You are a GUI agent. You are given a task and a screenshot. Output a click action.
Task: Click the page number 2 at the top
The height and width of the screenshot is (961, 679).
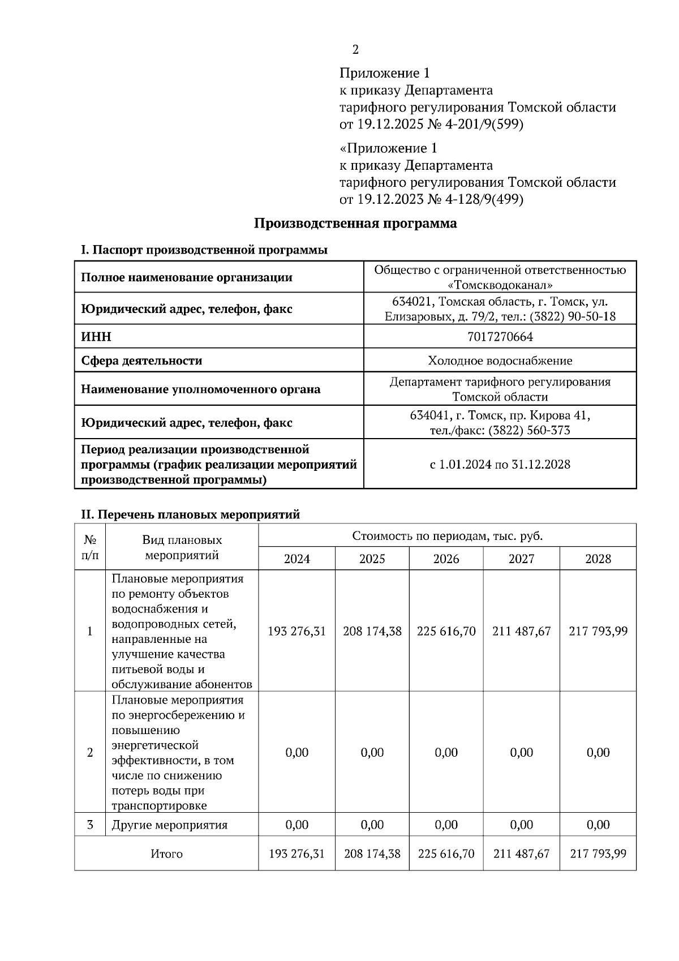pyautogui.click(x=355, y=50)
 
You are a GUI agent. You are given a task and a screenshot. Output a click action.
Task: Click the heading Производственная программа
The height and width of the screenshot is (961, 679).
pyautogui.click(x=355, y=224)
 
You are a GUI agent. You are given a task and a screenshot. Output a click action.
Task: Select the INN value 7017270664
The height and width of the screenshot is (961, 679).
pyautogui.click(x=500, y=337)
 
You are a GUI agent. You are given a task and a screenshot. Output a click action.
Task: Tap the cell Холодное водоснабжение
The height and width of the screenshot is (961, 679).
pyautogui.click(x=500, y=361)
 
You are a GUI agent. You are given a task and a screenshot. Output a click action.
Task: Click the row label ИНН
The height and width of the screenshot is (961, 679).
pyautogui.click(x=96, y=337)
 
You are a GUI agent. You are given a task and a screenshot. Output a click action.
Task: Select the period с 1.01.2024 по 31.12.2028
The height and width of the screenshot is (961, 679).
pyautogui.click(x=500, y=465)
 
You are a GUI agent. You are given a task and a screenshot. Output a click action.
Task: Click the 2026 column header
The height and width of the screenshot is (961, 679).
pyautogui.click(x=446, y=559)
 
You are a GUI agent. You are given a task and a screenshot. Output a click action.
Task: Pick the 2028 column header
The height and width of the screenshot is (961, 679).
pyautogui.click(x=598, y=559)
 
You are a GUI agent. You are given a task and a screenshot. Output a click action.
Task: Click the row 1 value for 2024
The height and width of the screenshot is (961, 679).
pyautogui.click(x=296, y=631)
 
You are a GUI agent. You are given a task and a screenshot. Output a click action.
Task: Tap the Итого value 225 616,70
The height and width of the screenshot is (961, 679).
pyautogui.click(x=446, y=853)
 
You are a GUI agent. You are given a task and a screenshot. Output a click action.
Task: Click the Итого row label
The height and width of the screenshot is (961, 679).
pyautogui.click(x=166, y=854)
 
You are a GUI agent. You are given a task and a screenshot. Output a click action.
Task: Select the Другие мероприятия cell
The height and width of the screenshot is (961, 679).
pyautogui.click(x=169, y=825)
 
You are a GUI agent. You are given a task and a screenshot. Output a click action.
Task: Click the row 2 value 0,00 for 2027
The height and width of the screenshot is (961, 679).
pyautogui.click(x=521, y=753)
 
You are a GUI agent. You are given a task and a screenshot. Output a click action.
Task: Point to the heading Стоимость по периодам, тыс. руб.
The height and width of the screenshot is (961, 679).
pyautogui.click(x=447, y=536)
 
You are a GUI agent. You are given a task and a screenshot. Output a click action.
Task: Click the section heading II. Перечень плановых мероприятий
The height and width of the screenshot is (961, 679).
pyautogui.click(x=190, y=514)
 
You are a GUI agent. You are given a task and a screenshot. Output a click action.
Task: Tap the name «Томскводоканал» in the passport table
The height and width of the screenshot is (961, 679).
pyautogui.click(x=500, y=285)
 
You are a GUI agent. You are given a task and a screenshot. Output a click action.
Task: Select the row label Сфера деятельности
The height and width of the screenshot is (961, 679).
pyautogui.click(x=141, y=361)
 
